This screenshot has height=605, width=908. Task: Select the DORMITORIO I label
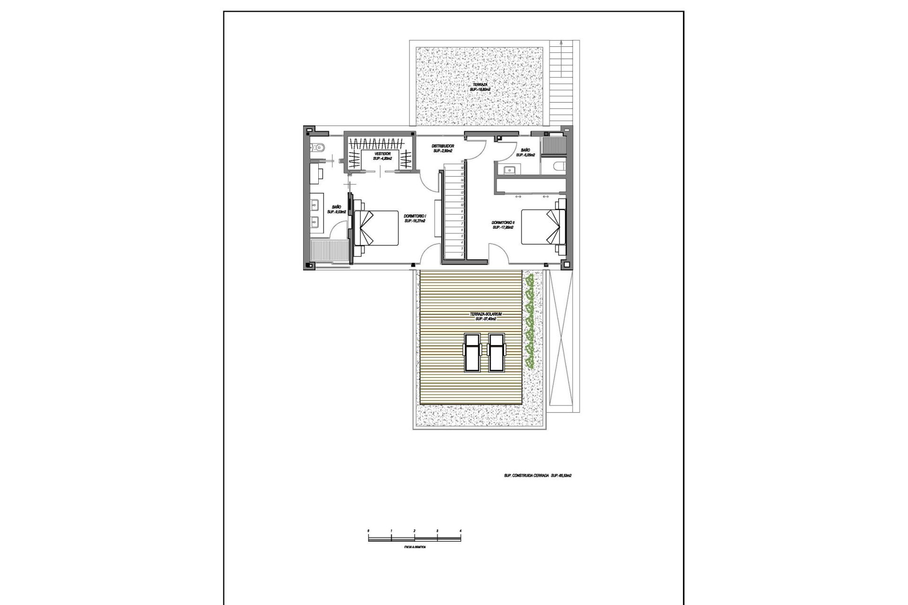pos(415,218)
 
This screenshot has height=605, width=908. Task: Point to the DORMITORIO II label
pos(503,225)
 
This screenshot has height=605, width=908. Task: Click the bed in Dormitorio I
pos(376,228)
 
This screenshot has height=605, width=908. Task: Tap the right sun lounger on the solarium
pos(496,352)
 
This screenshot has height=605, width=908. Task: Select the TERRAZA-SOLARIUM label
pos(482,316)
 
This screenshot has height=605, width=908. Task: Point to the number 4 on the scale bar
pos(460,531)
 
